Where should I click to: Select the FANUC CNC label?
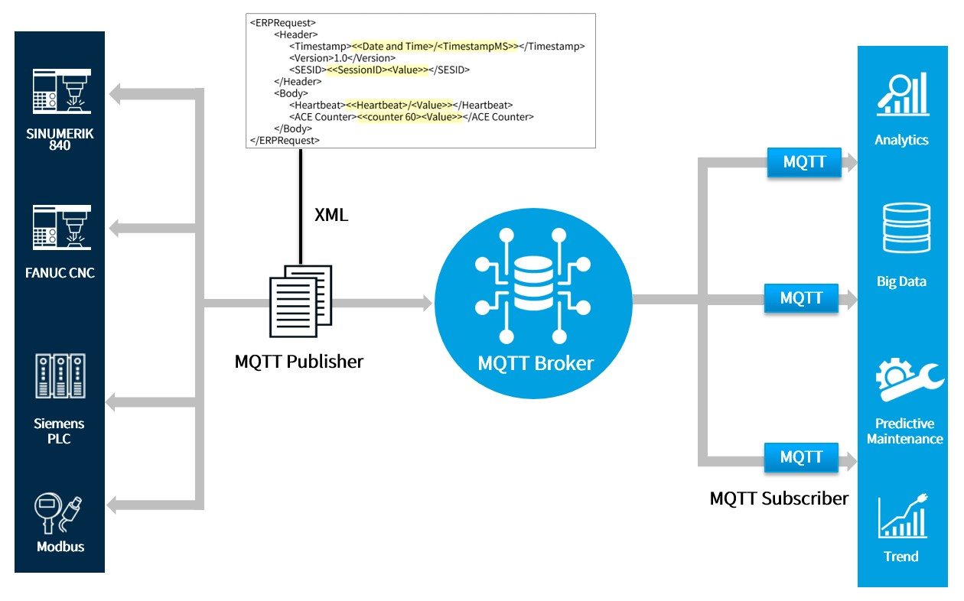point(60,273)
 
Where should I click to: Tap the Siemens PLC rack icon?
point(60,375)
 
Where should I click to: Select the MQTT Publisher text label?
point(299,362)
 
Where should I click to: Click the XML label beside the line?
point(331,216)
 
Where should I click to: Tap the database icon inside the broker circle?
point(533,284)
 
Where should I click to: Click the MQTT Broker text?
point(535,363)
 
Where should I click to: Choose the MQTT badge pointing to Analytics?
point(803,163)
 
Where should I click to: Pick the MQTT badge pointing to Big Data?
point(801,298)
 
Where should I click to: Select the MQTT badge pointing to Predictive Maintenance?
point(801,457)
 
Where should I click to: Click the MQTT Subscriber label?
point(779,499)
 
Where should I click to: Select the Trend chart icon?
point(903,518)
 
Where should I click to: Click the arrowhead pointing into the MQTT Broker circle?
point(425,303)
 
